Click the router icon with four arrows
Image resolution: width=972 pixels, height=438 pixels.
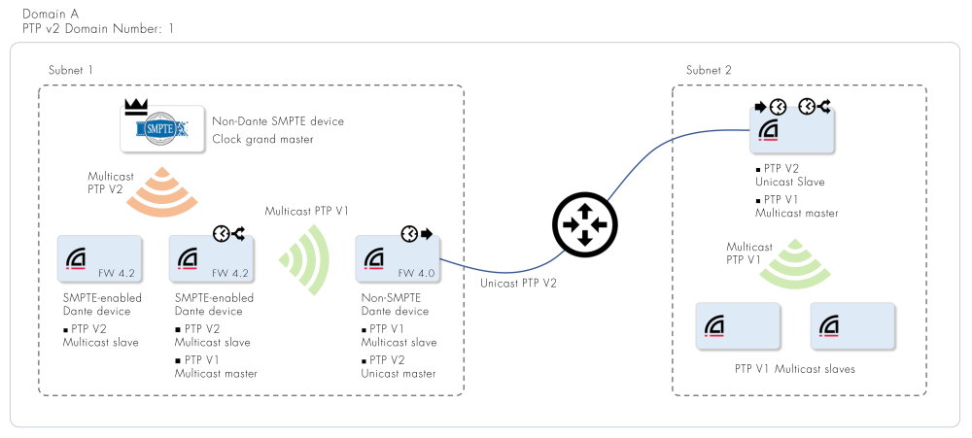pos(585,226)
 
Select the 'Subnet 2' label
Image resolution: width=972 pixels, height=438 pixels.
pos(709,70)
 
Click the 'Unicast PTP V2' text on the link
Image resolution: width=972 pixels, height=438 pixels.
pos(520,284)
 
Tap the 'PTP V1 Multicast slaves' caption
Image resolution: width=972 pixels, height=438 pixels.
pos(795,369)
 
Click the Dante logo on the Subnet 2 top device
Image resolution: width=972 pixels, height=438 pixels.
pos(769,131)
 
